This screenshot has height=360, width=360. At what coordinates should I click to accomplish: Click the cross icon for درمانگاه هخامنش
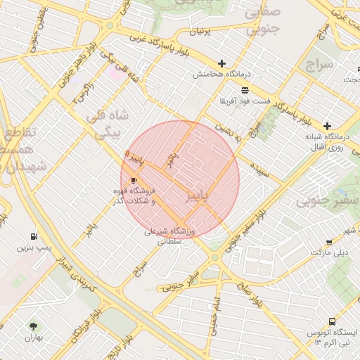[222, 63]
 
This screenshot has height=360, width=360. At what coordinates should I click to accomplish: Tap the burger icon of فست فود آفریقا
[245, 90]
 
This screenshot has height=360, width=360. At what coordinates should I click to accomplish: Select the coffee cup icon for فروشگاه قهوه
[134, 181]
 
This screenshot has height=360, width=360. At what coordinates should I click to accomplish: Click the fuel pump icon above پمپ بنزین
[34, 237]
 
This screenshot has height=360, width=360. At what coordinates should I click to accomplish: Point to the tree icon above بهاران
[33, 326]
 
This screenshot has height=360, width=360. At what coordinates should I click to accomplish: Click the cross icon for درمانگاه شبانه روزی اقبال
[327, 125]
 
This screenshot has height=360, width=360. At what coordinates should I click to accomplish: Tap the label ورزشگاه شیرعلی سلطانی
[173, 236]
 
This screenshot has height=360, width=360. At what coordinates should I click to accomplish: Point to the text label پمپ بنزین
[35, 248]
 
